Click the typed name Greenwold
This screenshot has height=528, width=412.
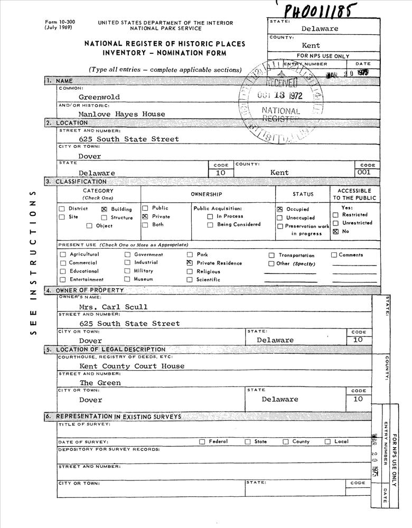pos(99,97)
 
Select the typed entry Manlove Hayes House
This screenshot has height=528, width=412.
pos(121,114)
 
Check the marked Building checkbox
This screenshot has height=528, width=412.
pos(104,209)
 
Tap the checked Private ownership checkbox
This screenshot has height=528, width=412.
pos(145,216)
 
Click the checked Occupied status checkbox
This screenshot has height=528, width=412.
pos(280,209)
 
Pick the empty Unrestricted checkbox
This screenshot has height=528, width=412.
pos(335,223)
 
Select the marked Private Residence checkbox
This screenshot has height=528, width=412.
pos(189,263)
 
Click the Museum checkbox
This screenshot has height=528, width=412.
pos(127,279)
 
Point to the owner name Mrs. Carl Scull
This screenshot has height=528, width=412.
pos(114,307)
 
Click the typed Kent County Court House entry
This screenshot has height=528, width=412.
pos(132,366)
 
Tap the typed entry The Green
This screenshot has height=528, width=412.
pos(100,383)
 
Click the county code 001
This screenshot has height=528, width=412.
pos(364,172)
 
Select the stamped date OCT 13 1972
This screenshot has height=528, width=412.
pos(279,96)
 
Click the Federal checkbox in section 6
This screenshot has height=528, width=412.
pos(202,441)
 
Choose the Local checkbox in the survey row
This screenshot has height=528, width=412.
pos(327,441)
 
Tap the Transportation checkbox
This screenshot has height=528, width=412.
pos(271,255)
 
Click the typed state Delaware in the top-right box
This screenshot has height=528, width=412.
pos(320,29)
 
